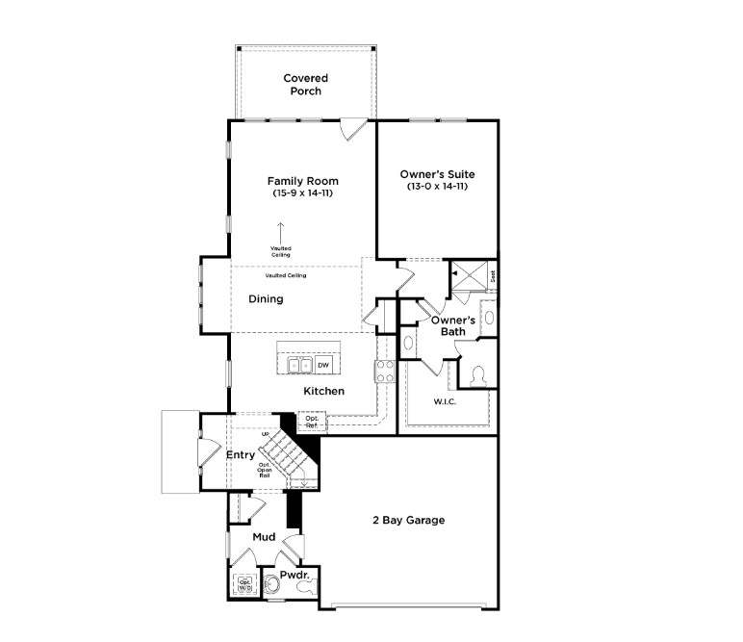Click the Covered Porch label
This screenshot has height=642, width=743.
tap(305, 84)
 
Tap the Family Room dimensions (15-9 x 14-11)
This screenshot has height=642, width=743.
tap(302, 193)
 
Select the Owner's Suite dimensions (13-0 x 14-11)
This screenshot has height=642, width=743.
tap(437, 186)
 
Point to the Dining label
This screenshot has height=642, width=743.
tap(266, 299)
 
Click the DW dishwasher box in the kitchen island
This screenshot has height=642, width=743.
tap(323, 365)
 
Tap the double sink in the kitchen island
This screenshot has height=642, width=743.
tap(298, 365)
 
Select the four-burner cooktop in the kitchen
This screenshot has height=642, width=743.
tap(383, 372)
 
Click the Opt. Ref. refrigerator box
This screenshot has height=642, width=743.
tap(312, 421)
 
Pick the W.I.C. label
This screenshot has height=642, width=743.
tap(444, 401)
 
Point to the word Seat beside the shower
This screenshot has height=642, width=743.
tap(493, 275)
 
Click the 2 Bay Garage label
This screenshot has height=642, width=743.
tap(408, 521)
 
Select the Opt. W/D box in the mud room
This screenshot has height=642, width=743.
tap(243, 584)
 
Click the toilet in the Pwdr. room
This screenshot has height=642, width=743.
tap(306, 584)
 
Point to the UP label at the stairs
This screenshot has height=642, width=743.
tap(265, 435)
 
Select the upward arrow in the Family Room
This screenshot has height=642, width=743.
tap(281, 232)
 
